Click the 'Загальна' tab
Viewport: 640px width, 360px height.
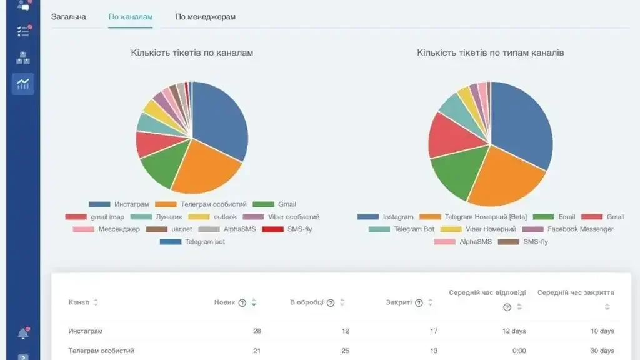[x=68, y=17]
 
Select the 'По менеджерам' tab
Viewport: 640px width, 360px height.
[x=205, y=17]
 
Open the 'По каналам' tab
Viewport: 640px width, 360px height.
[x=130, y=17]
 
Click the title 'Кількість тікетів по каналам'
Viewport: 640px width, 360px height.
[x=192, y=53]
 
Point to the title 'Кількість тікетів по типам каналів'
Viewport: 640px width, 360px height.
[x=490, y=53]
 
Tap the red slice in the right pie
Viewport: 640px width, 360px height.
[x=450, y=134]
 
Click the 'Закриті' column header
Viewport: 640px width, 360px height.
[x=399, y=302]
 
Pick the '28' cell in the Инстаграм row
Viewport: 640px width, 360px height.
[x=257, y=331]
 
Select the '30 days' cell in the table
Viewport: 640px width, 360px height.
[x=602, y=351]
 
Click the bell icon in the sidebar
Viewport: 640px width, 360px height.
[x=23, y=334]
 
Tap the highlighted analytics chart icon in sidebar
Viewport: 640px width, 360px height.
[x=23, y=84]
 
